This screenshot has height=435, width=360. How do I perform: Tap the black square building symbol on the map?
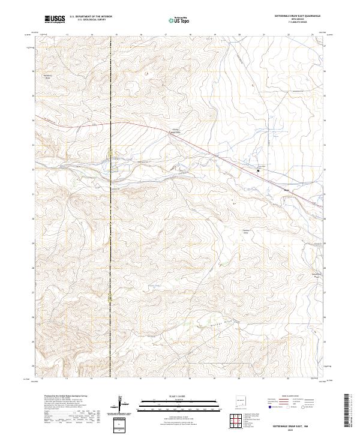259,170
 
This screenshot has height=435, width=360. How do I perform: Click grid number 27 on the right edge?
324,292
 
